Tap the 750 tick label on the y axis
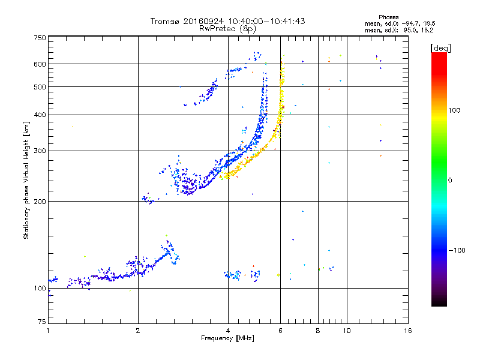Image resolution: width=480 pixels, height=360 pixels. pos(40,38)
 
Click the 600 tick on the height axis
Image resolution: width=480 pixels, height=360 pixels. pos(40,64)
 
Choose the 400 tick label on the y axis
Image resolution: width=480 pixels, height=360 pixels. pos(40,115)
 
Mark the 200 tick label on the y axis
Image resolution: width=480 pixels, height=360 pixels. pos(40,201)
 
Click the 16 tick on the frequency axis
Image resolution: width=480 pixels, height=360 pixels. pos(407,331)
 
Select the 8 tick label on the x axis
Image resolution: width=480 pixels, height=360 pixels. pos(318,331)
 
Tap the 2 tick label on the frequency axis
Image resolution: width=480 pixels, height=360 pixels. pos(138,331)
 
